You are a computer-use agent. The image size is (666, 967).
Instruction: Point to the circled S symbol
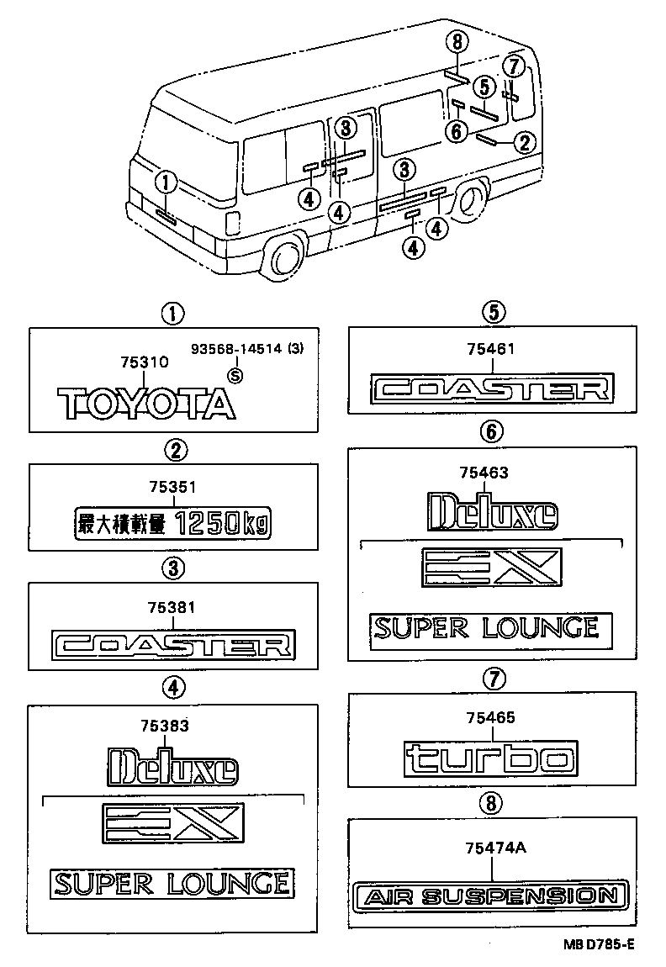tap(235, 376)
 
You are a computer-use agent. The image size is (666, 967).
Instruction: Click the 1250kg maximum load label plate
tap(173, 526)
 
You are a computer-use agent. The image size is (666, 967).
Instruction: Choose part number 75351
tap(172, 487)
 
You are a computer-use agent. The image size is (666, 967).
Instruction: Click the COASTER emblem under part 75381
tap(172, 646)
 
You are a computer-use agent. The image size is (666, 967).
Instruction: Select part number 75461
tap(490, 349)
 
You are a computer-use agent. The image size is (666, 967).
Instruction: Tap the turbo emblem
tap(490, 758)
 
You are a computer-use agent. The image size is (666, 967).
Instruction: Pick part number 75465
tap(490, 717)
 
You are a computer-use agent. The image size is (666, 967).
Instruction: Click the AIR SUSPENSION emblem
tap(492, 896)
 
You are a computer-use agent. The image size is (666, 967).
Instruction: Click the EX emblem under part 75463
tap(490, 568)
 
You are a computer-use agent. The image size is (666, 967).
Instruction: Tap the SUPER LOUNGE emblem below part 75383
tap(172, 883)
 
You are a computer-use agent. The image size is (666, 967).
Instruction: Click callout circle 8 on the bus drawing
tap(456, 42)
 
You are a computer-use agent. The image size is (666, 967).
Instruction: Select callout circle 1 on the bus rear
tap(166, 181)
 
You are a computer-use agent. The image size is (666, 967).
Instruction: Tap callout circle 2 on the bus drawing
tap(524, 143)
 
